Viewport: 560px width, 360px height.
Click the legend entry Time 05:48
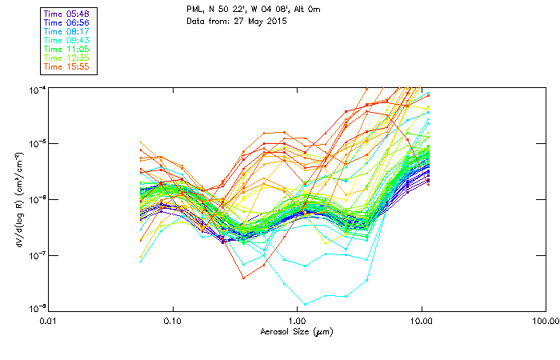(67, 14)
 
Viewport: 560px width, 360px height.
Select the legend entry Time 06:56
(67, 22)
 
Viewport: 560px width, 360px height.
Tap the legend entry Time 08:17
(67, 31)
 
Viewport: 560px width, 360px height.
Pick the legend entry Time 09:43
(67, 40)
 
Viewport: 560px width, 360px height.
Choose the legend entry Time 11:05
(67, 49)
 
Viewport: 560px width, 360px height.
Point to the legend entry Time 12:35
(67, 58)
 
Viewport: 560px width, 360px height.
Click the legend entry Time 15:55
(67, 66)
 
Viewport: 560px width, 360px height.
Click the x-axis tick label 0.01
(49, 321)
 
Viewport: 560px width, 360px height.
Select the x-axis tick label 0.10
(173, 321)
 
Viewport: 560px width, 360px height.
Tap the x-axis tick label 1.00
(297, 321)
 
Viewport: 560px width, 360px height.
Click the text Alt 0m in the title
(305, 9)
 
